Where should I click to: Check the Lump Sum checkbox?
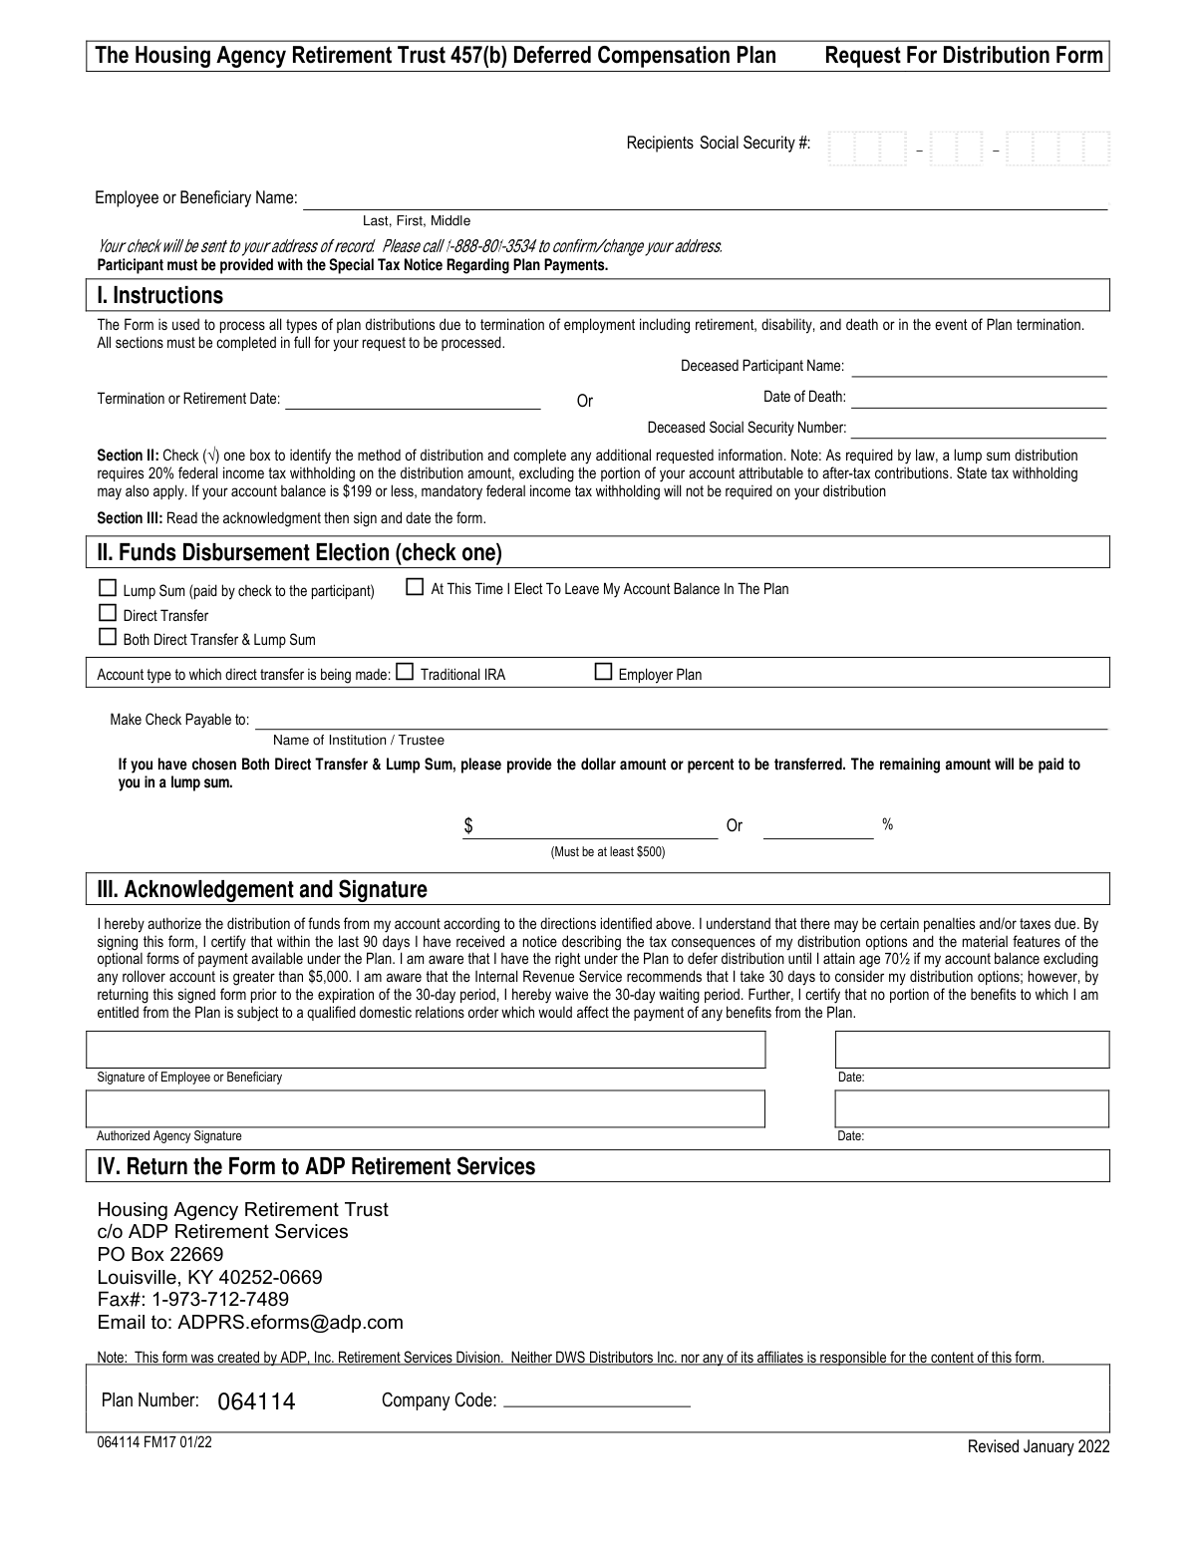(108, 589)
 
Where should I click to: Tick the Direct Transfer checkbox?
(108, 614)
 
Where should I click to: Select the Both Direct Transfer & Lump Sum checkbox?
(108, 638)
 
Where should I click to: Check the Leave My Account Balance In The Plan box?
(415, 587)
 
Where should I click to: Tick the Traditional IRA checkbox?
(405, 673)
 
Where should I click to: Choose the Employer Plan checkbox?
(603, 673)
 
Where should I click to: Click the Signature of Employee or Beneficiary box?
(427, 1050)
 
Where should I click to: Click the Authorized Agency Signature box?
(427, 1108)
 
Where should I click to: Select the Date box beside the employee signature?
(972, 1050)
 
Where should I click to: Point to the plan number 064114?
(256, 1401)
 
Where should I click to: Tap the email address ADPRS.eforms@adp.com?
(290, 1323)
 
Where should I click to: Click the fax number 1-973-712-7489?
(220, 1300)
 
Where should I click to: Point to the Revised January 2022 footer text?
(1038, 1447)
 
